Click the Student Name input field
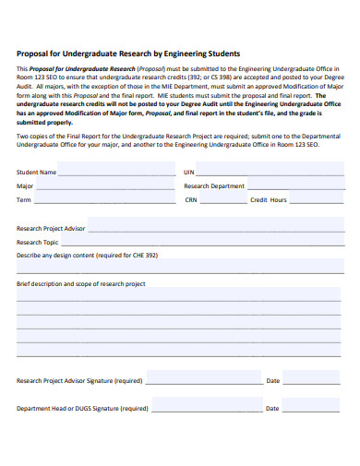click(117, 172)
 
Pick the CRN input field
click(222, 199)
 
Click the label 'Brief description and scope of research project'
click(81, 284)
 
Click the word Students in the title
click(220, 54)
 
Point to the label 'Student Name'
click(36, 173)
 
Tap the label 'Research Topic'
click(38, 242)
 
